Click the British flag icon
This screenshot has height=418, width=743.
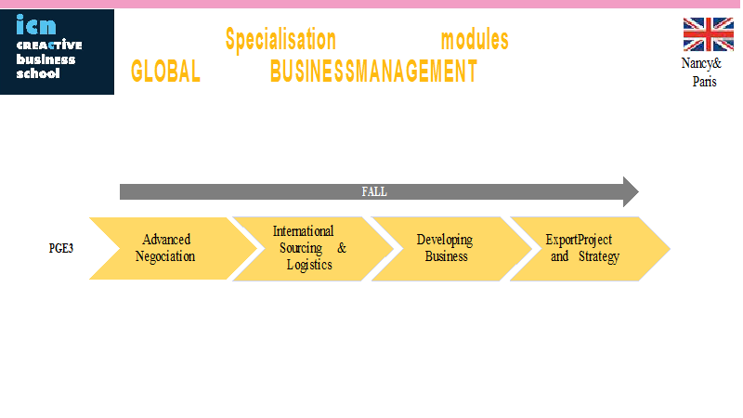pyautogui.click(x=708, y=34)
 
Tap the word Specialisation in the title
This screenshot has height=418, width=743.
pyautogui.click(x=280, y=40)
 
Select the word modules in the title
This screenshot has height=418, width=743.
pyautogui.click(x=475, y=40)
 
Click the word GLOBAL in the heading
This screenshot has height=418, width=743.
pyautogui.click(x=165, y=72)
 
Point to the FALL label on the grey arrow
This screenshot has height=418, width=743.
pyautogui.click(x=374, y=192)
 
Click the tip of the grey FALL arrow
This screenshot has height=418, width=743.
pyautogui.click(x=639, y=192)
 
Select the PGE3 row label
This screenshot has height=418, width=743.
pyautogui.click(x=61, y=248)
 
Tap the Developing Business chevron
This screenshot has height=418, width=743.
pyautogui.click(x=451, y=249)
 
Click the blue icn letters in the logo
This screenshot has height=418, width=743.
pyautogui.click(x=36, y=25)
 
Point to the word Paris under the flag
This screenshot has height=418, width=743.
pyautogui.click(x=704, y=82)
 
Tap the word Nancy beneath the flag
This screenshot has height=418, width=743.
pyautogui.click(x=697, y=63)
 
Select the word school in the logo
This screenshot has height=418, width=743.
pyautogui.click(x=38, y=73)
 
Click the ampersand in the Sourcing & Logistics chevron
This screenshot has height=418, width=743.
pyautogui.click(x=342, y=248)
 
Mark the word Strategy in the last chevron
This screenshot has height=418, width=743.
pyautogui.click(x=599, y=257)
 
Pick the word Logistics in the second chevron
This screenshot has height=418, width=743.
pyautogui.click(x=309, y=265)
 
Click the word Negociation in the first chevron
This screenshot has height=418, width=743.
pyautogui.click(x=165, y=256)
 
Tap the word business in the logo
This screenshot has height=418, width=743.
pyautogui.click(x=46, y=59)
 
